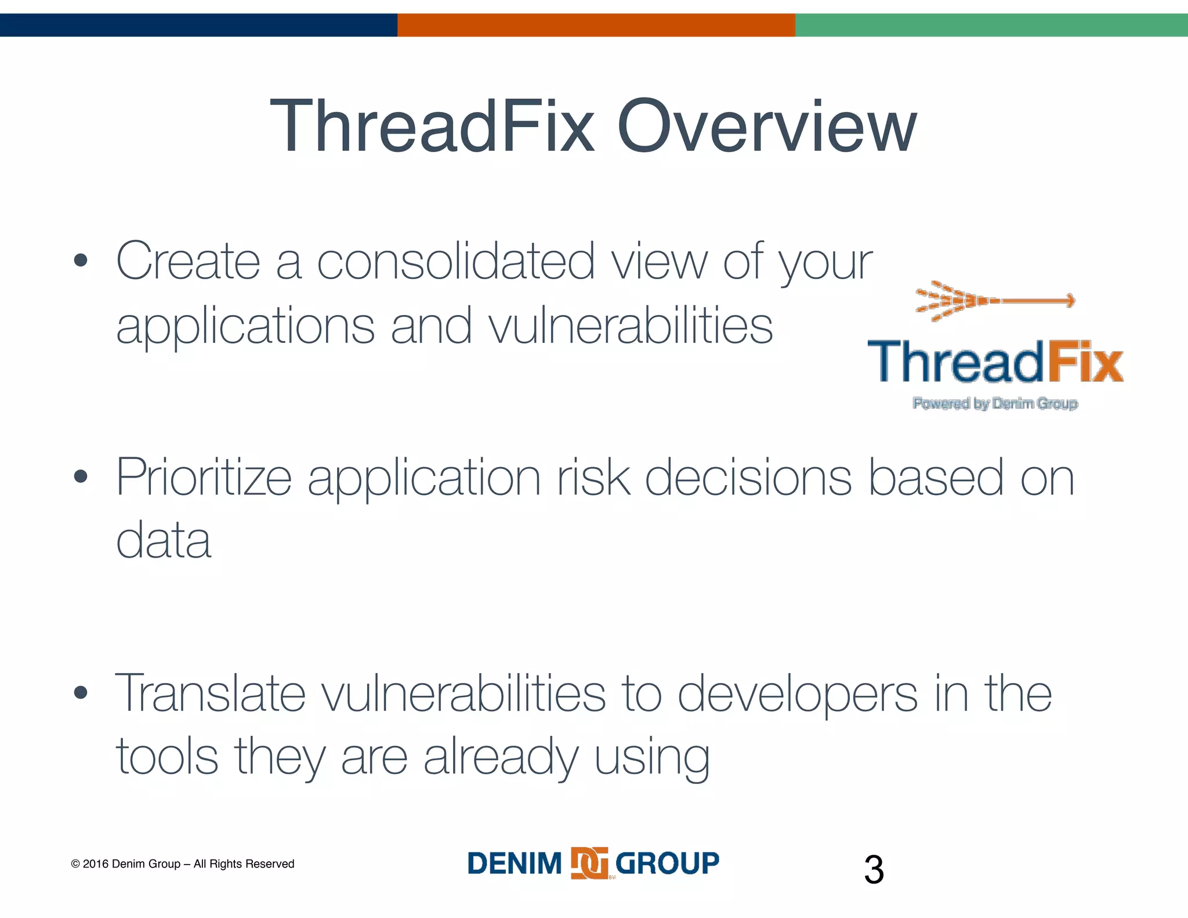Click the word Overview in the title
[x=767, y=127]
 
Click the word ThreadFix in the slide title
[x=432, y=127]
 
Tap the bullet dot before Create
[x=81, y=261]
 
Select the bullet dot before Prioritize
[x=81, y=477]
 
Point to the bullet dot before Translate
[x=81, y=692]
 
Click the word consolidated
[x=455, y=261]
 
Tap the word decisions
[x=748, y=477]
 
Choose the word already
[x=501, y=758]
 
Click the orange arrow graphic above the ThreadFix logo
[x=995, y=301]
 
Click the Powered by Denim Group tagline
[x=995, y=403]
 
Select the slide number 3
[x=874, y=870]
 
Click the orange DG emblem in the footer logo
[x=589, y=863]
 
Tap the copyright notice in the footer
[x=183, y=864]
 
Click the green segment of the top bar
[x=991, y=25]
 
